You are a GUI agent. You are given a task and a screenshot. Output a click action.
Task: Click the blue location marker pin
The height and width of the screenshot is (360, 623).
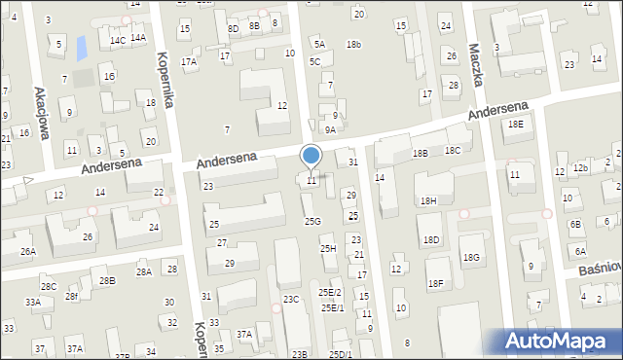(x=311, y=156)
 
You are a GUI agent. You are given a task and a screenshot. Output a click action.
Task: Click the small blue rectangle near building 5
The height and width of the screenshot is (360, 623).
(x=81, y=45)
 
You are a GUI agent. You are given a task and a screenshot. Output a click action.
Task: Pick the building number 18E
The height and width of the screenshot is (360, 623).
(x=515, y=124)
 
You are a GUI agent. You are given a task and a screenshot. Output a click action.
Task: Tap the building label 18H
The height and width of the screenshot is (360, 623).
(x=427, y=200)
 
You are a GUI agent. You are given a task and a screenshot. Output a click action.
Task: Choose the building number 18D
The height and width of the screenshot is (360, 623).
(x=430, y=239)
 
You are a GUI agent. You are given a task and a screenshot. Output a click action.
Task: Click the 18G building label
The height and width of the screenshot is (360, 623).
(x=471, y=257)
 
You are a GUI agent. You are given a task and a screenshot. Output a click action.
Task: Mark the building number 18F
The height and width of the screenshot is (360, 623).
(x=435, y=283)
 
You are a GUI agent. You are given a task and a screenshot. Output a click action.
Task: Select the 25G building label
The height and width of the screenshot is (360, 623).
(x=311, y=221)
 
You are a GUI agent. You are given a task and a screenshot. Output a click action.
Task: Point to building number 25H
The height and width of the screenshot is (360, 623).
(x=328, y=249)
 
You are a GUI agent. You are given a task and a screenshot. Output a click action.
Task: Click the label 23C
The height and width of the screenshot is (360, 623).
(x=291, y=299)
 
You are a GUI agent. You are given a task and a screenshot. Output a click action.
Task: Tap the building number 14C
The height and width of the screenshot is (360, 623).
(x=118, y=40)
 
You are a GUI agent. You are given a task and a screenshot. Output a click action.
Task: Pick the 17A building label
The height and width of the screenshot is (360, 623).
(x=189, y=61)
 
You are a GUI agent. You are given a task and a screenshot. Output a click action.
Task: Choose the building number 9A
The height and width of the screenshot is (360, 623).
(x=331, y=129)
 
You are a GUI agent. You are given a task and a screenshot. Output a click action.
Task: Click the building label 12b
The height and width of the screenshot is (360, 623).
(x=580, y=168)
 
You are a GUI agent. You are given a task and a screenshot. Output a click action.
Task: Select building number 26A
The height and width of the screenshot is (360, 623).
(x=28, y=252)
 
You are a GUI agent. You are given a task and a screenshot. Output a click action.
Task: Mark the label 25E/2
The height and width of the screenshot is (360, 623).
(x=330, y=292)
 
